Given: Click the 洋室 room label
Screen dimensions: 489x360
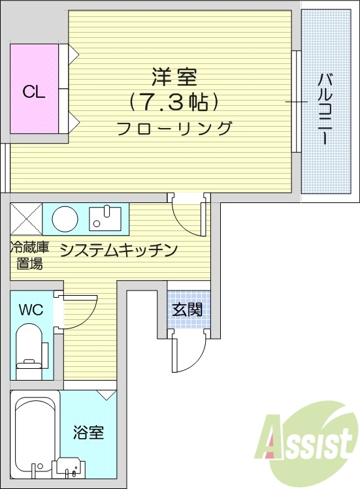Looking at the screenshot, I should click(x=174, y=78).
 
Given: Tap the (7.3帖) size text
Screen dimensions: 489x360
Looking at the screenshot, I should click(x=173, y=103).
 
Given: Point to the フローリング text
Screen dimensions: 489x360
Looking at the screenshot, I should click(x=174, y=128).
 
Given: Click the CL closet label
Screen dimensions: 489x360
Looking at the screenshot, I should click(x=34, y=92).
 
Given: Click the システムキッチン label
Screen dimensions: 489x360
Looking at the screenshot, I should click(x=120, y=250).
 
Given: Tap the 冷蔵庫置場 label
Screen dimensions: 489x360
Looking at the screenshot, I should click(x=29, y=255).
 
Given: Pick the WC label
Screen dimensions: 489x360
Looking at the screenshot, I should click(x=31, y=309).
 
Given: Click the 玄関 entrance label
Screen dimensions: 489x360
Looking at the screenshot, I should click(x=187, y=309).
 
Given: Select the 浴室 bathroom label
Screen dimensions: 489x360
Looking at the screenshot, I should click(x=88, y=432).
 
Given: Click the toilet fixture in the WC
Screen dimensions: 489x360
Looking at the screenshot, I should click(x=29, y=353).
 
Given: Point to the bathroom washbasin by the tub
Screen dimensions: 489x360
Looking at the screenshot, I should click(x=69, y=466).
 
